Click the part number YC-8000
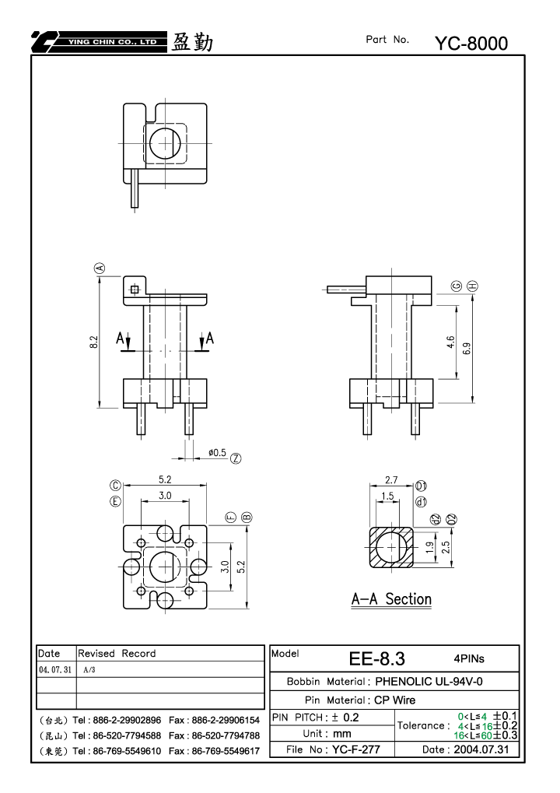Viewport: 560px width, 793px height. click(471, 44)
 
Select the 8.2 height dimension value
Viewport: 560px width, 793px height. click(93, 342)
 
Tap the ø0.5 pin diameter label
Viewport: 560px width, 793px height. click(217, 453)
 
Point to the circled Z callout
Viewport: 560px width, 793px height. click(236, 458)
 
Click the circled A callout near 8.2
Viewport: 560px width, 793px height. click(100, 268)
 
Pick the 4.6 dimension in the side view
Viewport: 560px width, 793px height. click(450, 342)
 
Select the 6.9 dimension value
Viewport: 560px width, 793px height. click(467, 349)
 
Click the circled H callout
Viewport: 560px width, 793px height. click(472, 286)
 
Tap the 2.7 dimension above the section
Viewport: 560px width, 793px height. click(391, 480)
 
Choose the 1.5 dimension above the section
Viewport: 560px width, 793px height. click(387, 497)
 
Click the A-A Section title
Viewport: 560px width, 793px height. click(392, 599)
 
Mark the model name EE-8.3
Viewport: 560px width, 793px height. click(377, 658)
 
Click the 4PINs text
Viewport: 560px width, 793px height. click(469, 658)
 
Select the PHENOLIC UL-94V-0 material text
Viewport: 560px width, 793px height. click(429, 681)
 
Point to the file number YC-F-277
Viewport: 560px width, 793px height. click(355, 749)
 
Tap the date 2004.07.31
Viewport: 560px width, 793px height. click(481, 749)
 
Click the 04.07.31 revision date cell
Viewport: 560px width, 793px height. click(55, 669)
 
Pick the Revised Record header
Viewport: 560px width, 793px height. click(117, 654)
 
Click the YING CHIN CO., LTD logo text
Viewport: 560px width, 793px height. click(112, 42)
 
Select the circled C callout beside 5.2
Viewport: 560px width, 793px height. click(116, 486)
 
